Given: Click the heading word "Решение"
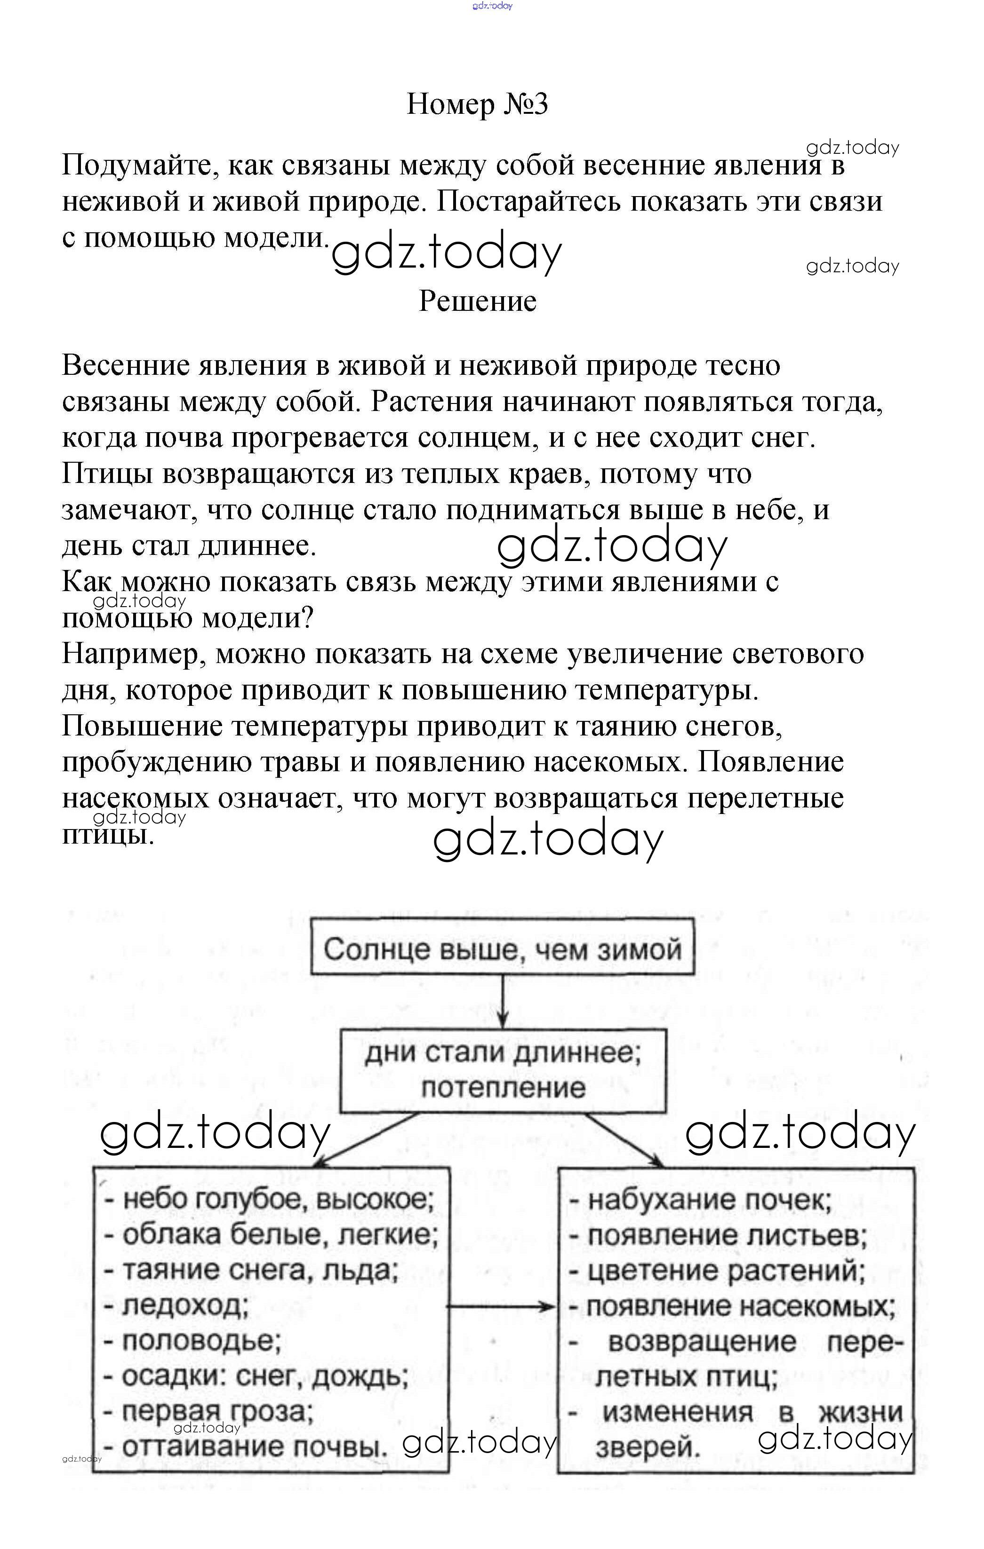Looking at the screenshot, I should pyautogui.click(x=478, y=301).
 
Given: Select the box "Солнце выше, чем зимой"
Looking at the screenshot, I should pyautogui.click(x=503, y=949).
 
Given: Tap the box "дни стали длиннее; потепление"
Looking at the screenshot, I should pyautogui.click(x=503, y=1070).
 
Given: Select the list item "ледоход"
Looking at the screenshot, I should pyautogui.click(x=185, y=1306).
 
